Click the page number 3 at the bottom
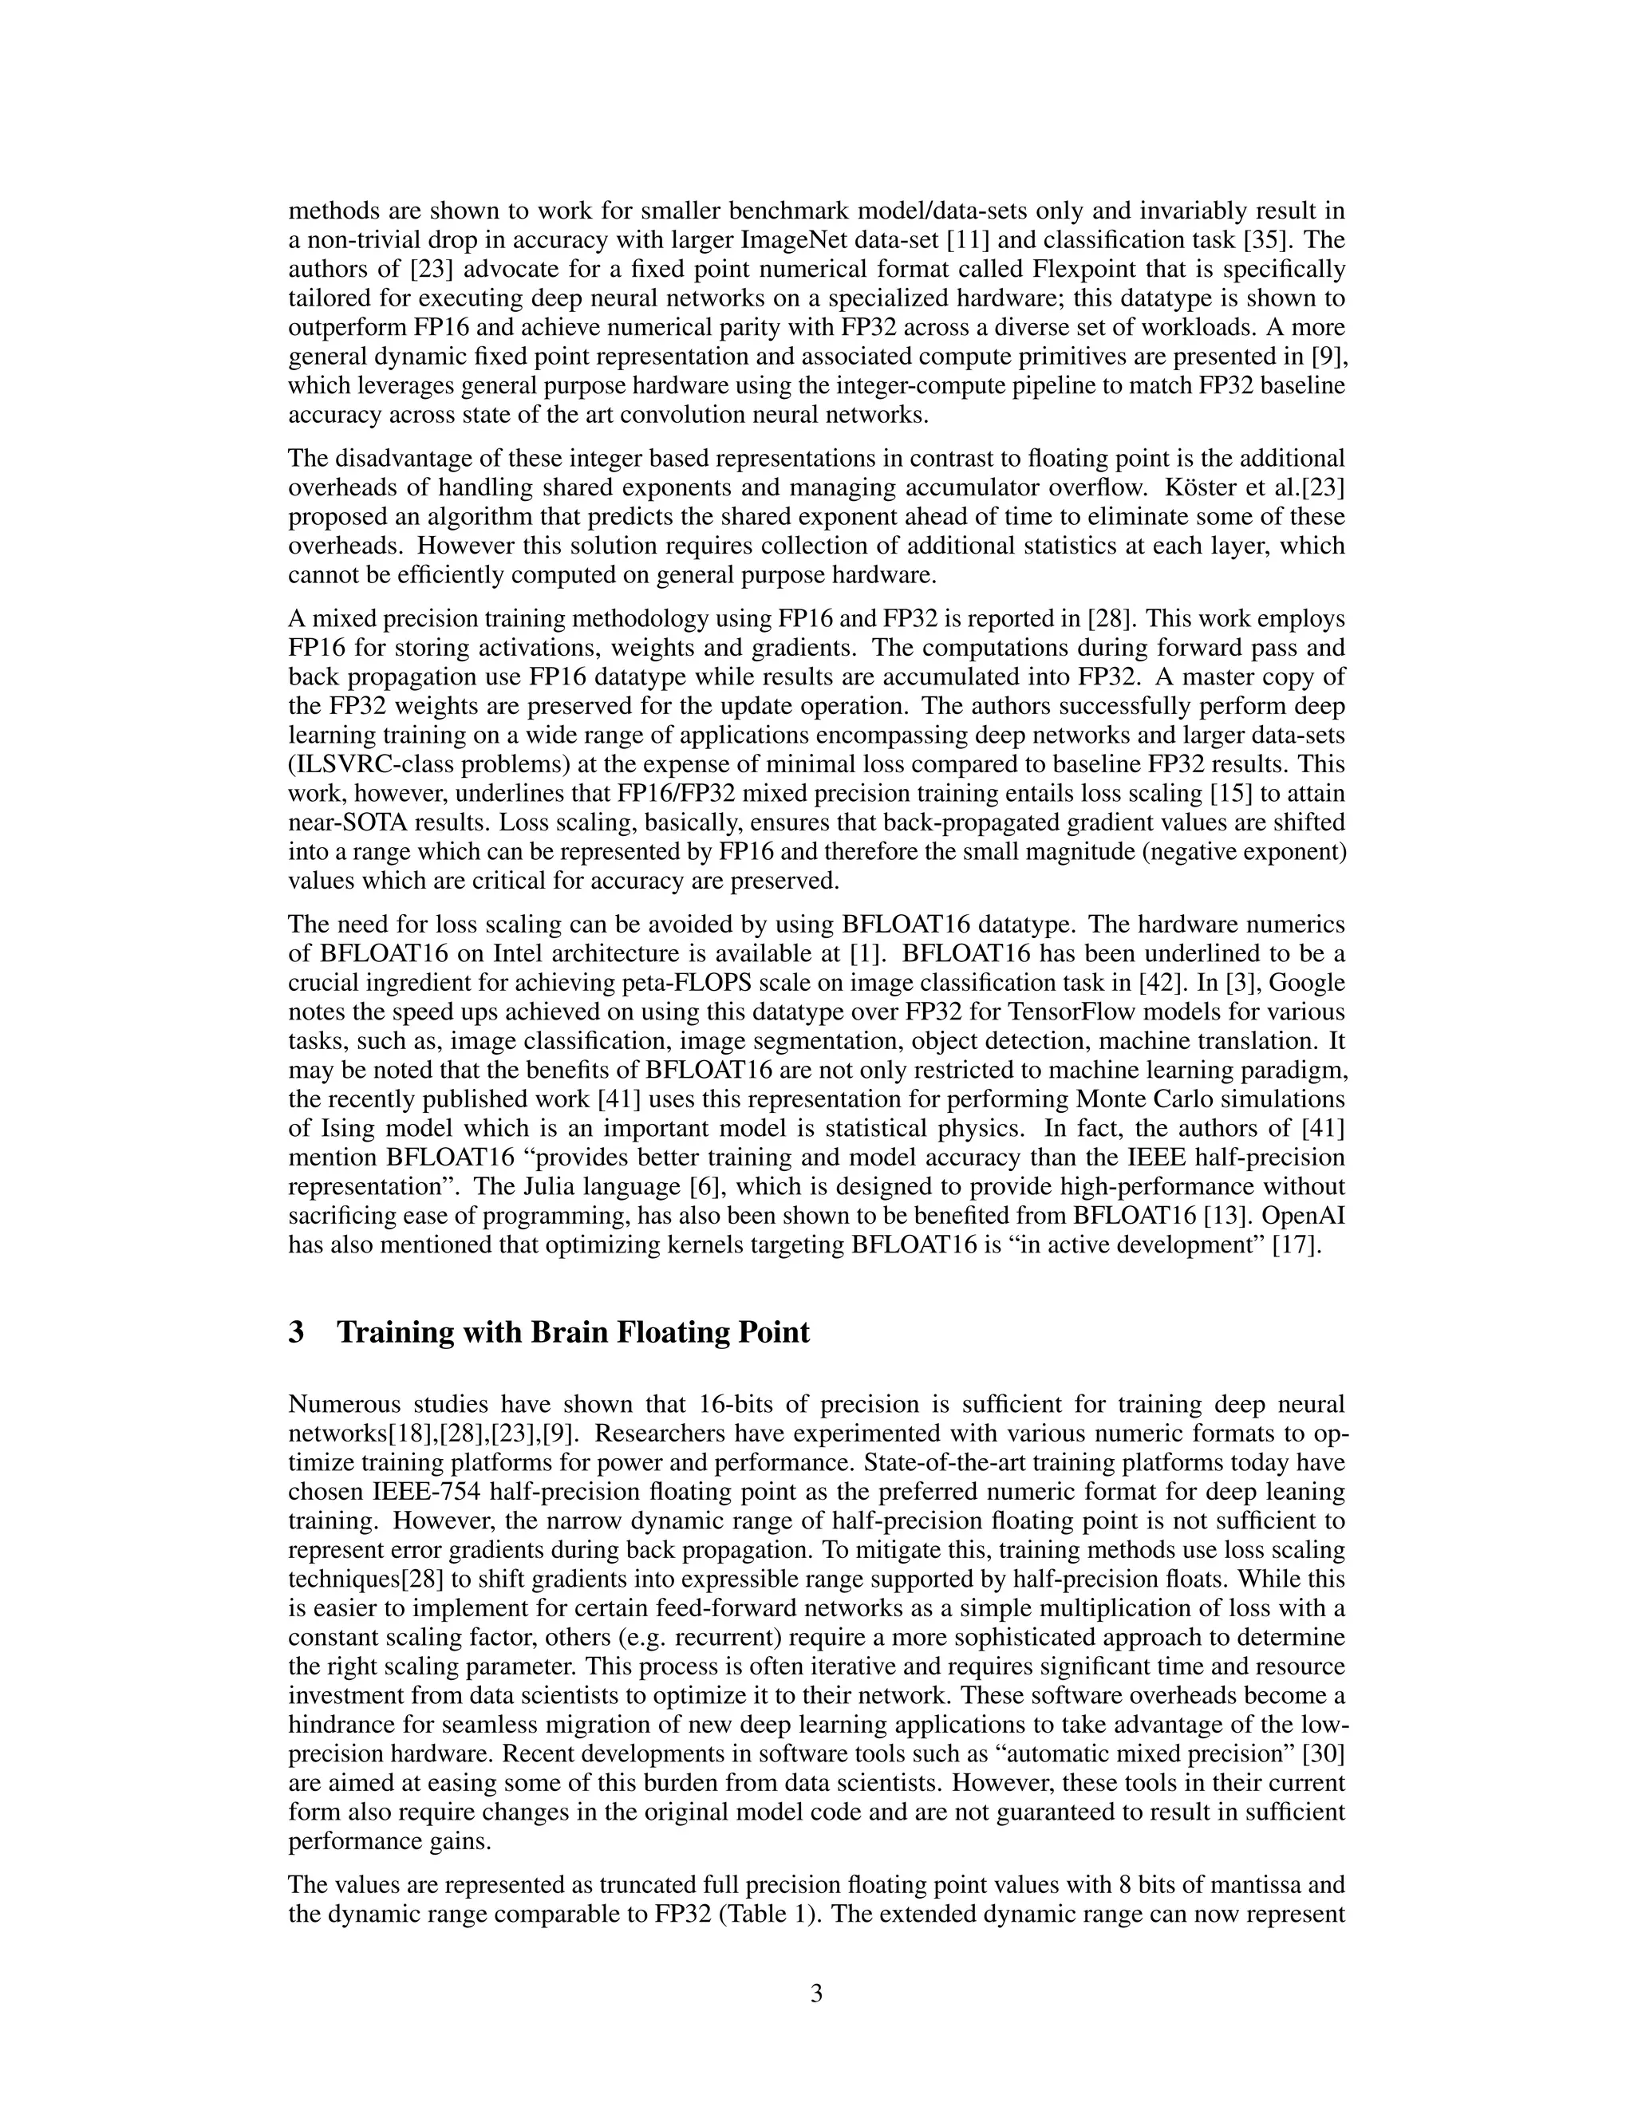pos(816,1994)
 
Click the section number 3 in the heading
pos(296,1333)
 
